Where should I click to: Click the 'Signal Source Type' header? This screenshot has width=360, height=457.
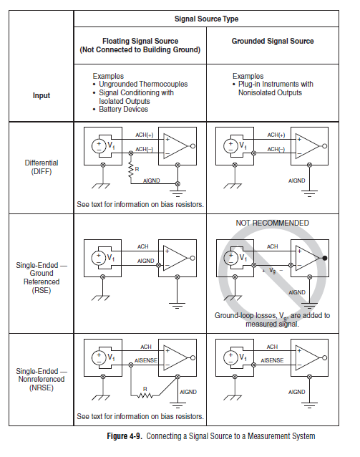206,19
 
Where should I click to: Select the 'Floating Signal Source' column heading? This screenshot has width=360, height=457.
140,45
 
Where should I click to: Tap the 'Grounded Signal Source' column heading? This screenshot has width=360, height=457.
273,41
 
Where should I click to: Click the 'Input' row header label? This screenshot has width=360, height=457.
42,95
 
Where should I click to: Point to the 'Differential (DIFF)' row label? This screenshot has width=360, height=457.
42,167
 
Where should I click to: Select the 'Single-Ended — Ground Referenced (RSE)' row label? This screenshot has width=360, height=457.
42,278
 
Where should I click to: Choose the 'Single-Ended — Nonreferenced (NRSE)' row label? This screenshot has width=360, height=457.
42,380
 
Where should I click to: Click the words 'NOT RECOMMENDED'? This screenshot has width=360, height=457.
273,223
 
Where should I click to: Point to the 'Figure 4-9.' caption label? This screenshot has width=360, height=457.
125,436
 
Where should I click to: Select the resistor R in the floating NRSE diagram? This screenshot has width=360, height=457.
145,395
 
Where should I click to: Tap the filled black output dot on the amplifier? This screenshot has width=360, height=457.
325,258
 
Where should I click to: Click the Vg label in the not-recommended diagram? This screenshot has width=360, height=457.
273,271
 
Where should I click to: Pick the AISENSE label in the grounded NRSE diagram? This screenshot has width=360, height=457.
272,360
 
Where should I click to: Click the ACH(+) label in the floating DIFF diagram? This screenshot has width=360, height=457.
144,135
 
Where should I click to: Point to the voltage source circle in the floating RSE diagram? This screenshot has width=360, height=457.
98,258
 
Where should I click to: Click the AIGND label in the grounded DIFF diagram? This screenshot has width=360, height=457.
297,181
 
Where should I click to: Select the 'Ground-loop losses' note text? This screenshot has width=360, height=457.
273,319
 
